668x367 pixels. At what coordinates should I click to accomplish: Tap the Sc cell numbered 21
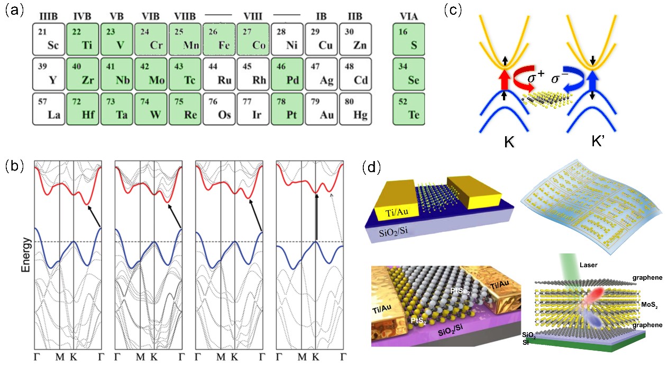(x=49, y=39)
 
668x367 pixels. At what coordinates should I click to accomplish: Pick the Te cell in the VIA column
(x=410, y=109)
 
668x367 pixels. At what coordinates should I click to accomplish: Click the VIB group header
(x=151, y=16)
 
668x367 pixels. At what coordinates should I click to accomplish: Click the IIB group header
(x=354, y=16)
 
